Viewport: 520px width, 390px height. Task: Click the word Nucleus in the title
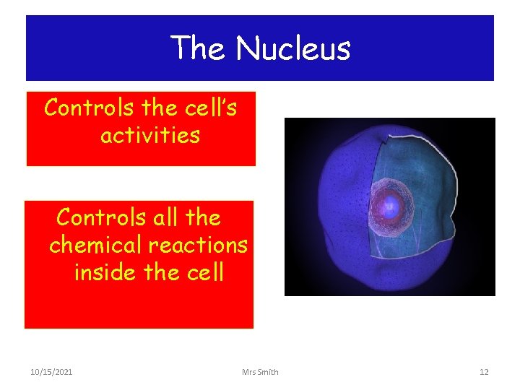[x=292, y=48]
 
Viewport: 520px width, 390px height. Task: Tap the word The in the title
[x=199, y=48]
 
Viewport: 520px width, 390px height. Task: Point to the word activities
[x=149, y=135]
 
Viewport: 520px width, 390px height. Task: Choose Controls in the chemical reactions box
[x=101, y=217]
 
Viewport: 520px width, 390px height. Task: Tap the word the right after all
[x=203, y=217]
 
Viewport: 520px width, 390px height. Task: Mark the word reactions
[x=198, y=245]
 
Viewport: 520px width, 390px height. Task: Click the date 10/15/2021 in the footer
[x=51, y=372]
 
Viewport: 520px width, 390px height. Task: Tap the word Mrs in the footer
[x=250, y=372]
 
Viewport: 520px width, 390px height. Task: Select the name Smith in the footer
[x=268, y=372]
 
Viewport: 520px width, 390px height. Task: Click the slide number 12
[x=484, y=372]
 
